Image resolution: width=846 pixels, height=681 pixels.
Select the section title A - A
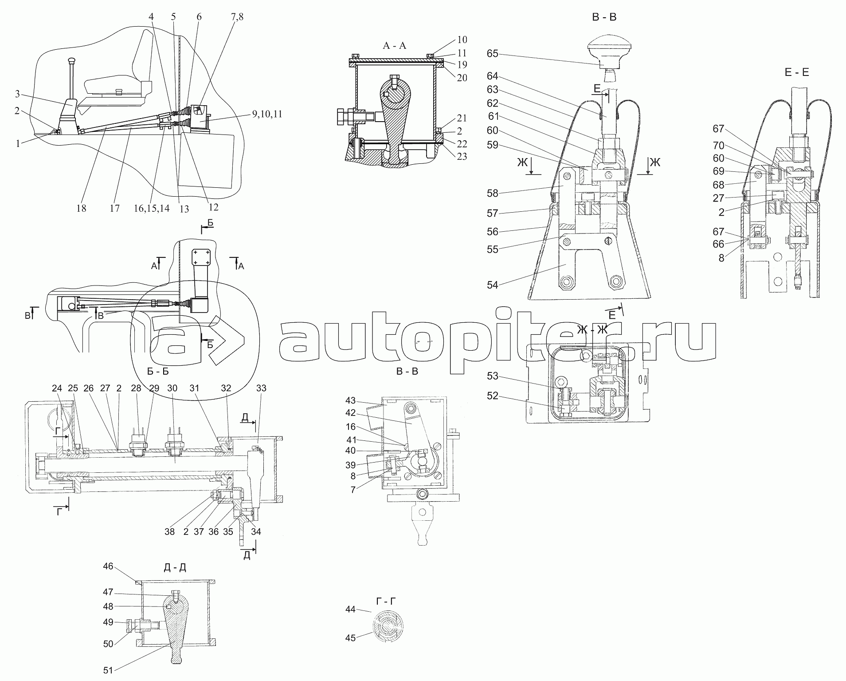click(394, 45)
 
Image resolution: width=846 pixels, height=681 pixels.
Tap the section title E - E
click(796, 72)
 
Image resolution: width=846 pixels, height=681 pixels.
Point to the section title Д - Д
click(175, 568)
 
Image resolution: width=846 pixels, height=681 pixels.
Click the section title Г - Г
click(385, 601)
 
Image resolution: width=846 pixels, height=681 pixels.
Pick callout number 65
click(493, 54)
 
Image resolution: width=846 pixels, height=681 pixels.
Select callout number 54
click(493, 285)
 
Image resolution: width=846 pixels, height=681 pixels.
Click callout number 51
click(108, 670)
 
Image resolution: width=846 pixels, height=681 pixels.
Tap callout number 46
click(108, 566)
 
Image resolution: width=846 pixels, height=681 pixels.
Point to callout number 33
click(261, 388)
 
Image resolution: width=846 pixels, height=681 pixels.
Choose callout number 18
click(81, 208)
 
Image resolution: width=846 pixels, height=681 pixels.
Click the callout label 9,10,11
click(267, 114)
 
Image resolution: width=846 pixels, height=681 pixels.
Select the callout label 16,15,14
click(151, 208)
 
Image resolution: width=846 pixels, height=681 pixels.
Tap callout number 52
click(493, 396)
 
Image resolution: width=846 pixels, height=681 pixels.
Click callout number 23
click(462, 156)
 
